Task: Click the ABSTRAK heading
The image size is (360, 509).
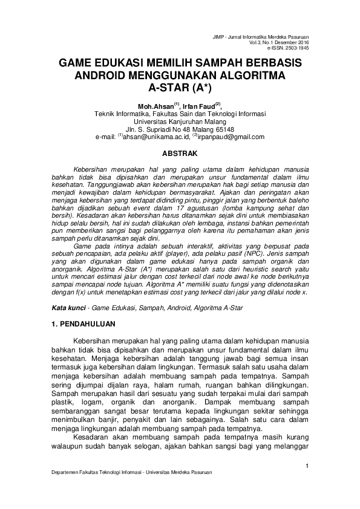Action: [x=180, y=154]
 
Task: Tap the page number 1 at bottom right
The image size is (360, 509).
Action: [x=307, y=465]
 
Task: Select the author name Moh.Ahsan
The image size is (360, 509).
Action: [x=155, y=106]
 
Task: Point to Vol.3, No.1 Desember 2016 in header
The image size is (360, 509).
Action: [x=283, y=43]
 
